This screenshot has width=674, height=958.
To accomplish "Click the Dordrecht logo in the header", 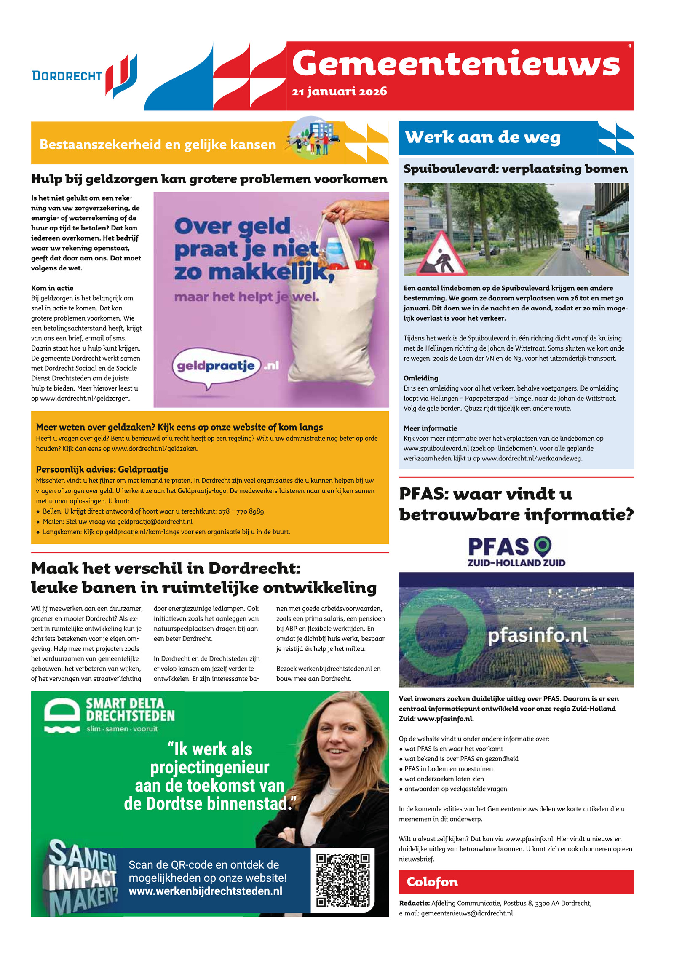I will click(84, 76).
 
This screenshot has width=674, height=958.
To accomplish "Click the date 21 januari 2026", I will click(339, 91).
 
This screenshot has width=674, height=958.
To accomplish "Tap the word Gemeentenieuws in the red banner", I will click(456, 64).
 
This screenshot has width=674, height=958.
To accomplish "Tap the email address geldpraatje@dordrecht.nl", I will click(155, 522).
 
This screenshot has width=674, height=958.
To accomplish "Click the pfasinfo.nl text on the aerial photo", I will click(537, 635).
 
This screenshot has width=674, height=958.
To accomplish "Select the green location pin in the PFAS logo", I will click(542, 546).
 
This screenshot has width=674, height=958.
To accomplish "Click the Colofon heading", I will click(432, 882).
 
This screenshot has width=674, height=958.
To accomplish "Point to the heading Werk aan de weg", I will click(482, 137).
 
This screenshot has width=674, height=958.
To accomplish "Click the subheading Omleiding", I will click(420, 378).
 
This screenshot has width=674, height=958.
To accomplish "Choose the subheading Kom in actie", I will click(52, 288).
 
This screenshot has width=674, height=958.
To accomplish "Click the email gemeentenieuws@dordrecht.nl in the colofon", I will click(467, 913).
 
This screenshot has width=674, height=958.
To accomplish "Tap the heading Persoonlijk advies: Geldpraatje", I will click(102, 469).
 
